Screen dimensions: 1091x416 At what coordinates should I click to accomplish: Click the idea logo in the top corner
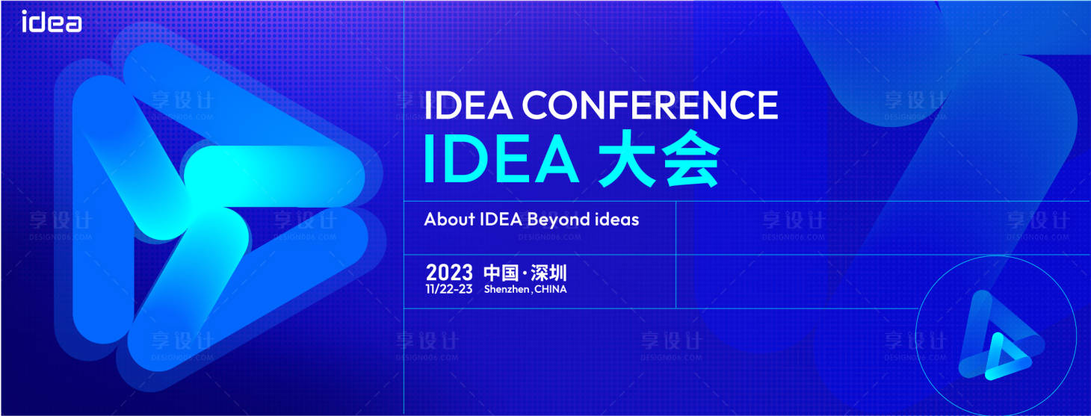pyautogui.click(x=52, y=22)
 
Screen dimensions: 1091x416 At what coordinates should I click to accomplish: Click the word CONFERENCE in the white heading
pyautogui.click(x=650, y=105)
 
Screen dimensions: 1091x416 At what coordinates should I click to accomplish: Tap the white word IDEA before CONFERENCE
pyautogui.click(x=469, y=105)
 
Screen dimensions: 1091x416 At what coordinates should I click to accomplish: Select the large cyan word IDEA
pyautogui.click(x=501, y=158)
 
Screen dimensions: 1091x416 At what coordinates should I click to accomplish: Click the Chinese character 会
pyautogui.click(x=692, y=158)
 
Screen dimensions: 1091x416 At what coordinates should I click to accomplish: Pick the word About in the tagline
pyautogui.click(x=449, y=220)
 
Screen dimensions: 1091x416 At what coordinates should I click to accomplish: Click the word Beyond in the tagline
pyautogui.click(x=558, y=220)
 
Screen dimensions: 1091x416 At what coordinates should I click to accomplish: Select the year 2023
pyautogui.click(x=449, y=273)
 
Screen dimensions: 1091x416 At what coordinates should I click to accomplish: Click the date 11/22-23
pyautogui.click(x=449, y=290)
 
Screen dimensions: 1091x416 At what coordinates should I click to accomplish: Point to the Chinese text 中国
pyautogui.click(x=501, y=273)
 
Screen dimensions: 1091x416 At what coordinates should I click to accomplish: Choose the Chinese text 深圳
pyautogui.click(x=549, y=273)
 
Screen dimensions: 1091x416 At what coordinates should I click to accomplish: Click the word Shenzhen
pyautogui.click(x=507, y=290)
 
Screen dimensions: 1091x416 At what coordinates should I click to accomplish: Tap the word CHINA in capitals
pyautogui.click(x=551, y=290)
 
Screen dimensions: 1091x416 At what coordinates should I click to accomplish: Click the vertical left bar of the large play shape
pyautogui.click(x=103, y=209)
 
